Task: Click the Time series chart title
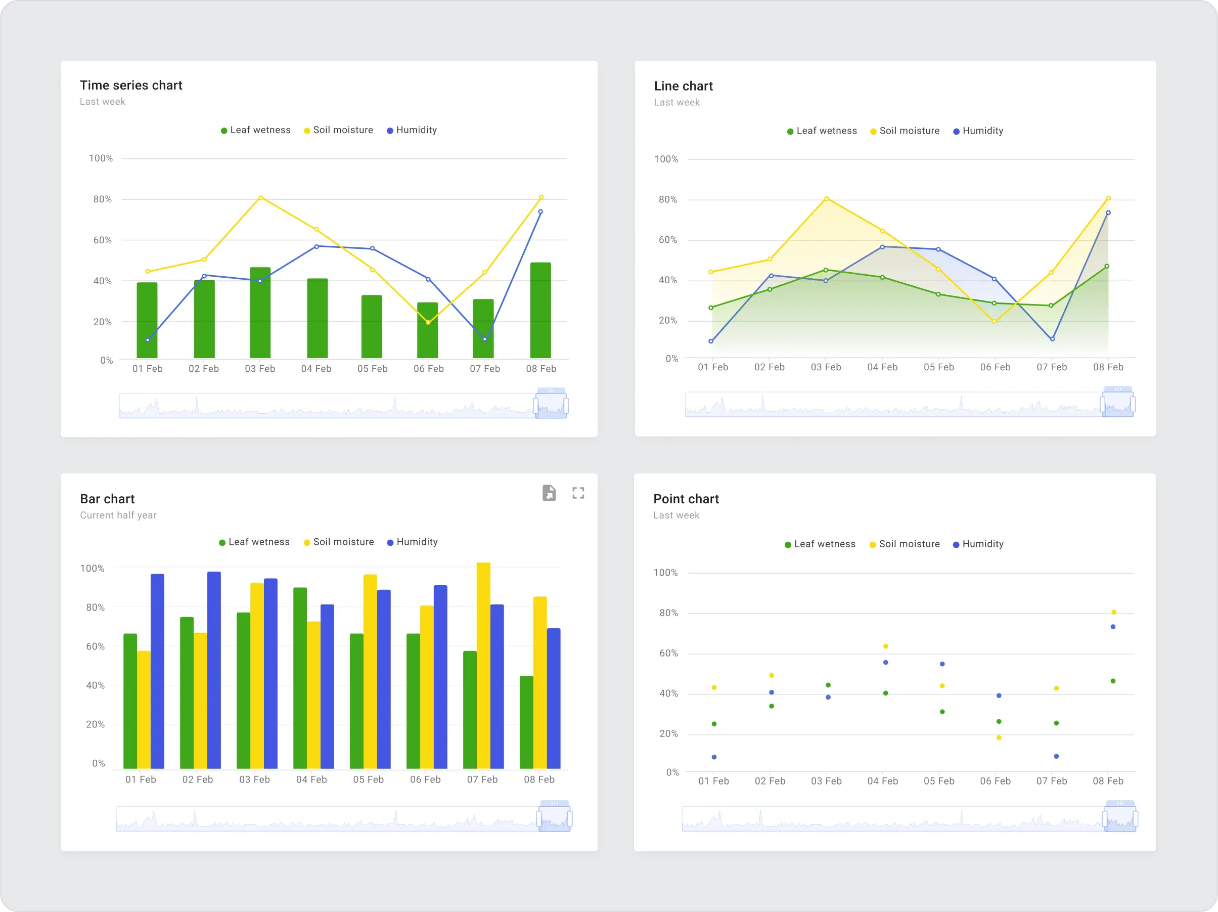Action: click(130, 85)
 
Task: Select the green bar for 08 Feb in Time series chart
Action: click(540, 311)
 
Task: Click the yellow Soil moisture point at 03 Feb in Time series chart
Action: click(260, 198)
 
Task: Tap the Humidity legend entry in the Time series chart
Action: click(412, 130)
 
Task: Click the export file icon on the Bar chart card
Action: click(549, 493)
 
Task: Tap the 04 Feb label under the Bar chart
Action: click(311, 779)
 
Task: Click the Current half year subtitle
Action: click(118, 515)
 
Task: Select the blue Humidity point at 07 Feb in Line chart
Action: click(1052, 339)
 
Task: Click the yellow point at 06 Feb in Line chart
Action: click(995, 322)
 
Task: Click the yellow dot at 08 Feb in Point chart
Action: click(1113, 613)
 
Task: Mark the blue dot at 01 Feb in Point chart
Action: click(714, 757)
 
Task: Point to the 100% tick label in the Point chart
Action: click(665, 573)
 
